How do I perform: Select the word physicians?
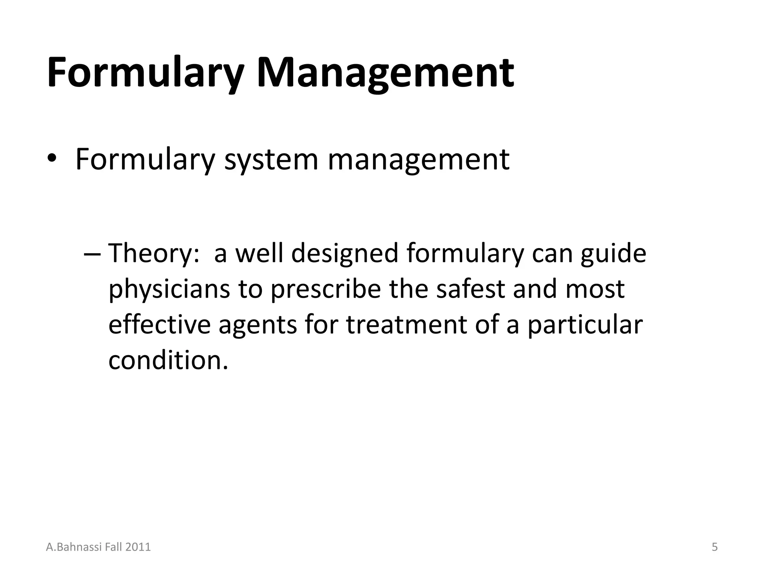[169, 289]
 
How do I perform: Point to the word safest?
[470, 289]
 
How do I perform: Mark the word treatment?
[407, 325]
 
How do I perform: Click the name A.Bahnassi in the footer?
[71, 547]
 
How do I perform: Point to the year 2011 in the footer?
[138, 547]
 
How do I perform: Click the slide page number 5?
[714, 547]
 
